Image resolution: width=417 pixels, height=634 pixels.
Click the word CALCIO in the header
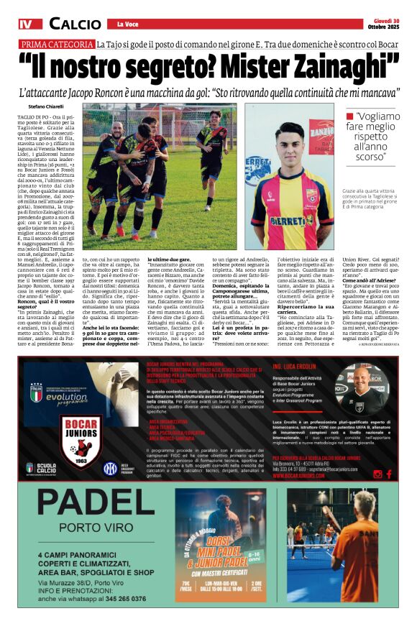point(75,24)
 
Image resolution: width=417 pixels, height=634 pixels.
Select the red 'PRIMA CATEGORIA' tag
point(58,45)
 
